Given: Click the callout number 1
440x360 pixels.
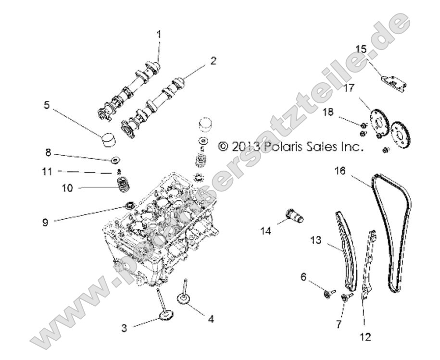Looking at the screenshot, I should pos(159,34).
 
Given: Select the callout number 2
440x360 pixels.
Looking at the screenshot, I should pos(213,61).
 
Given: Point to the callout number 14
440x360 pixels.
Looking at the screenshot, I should pos(265,231).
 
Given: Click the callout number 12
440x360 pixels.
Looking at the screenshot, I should pos(367,336).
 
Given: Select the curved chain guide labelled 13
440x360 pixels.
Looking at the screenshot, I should pos(346,250).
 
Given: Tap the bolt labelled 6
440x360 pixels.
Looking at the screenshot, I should pos(328,292).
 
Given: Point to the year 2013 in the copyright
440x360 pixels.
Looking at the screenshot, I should pos(245,147).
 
